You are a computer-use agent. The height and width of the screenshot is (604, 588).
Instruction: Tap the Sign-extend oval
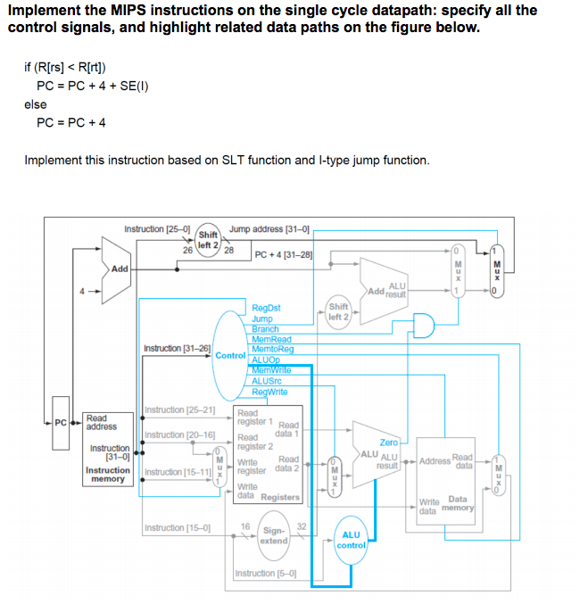point(273,535)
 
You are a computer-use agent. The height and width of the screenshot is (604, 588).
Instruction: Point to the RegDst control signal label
point(266,308)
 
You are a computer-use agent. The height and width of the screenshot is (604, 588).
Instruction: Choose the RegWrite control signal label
point(269,392)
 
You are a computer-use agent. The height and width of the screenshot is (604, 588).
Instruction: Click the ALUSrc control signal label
point(267,381)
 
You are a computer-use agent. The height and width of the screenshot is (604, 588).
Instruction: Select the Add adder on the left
point(120,268)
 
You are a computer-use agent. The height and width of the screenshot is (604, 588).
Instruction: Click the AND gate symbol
point(419,326)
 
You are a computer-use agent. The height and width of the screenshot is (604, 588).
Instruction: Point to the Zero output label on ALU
point(388,443)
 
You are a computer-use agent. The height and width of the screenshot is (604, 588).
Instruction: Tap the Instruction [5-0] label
point(265,574)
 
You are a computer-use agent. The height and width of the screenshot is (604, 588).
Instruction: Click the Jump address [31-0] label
point(269,229)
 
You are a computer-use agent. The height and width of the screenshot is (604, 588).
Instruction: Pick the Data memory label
point(458,504)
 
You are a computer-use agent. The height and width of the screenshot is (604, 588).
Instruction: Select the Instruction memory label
point(107,475)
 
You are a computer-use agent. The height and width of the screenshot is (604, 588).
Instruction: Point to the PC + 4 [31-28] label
point(285,254)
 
